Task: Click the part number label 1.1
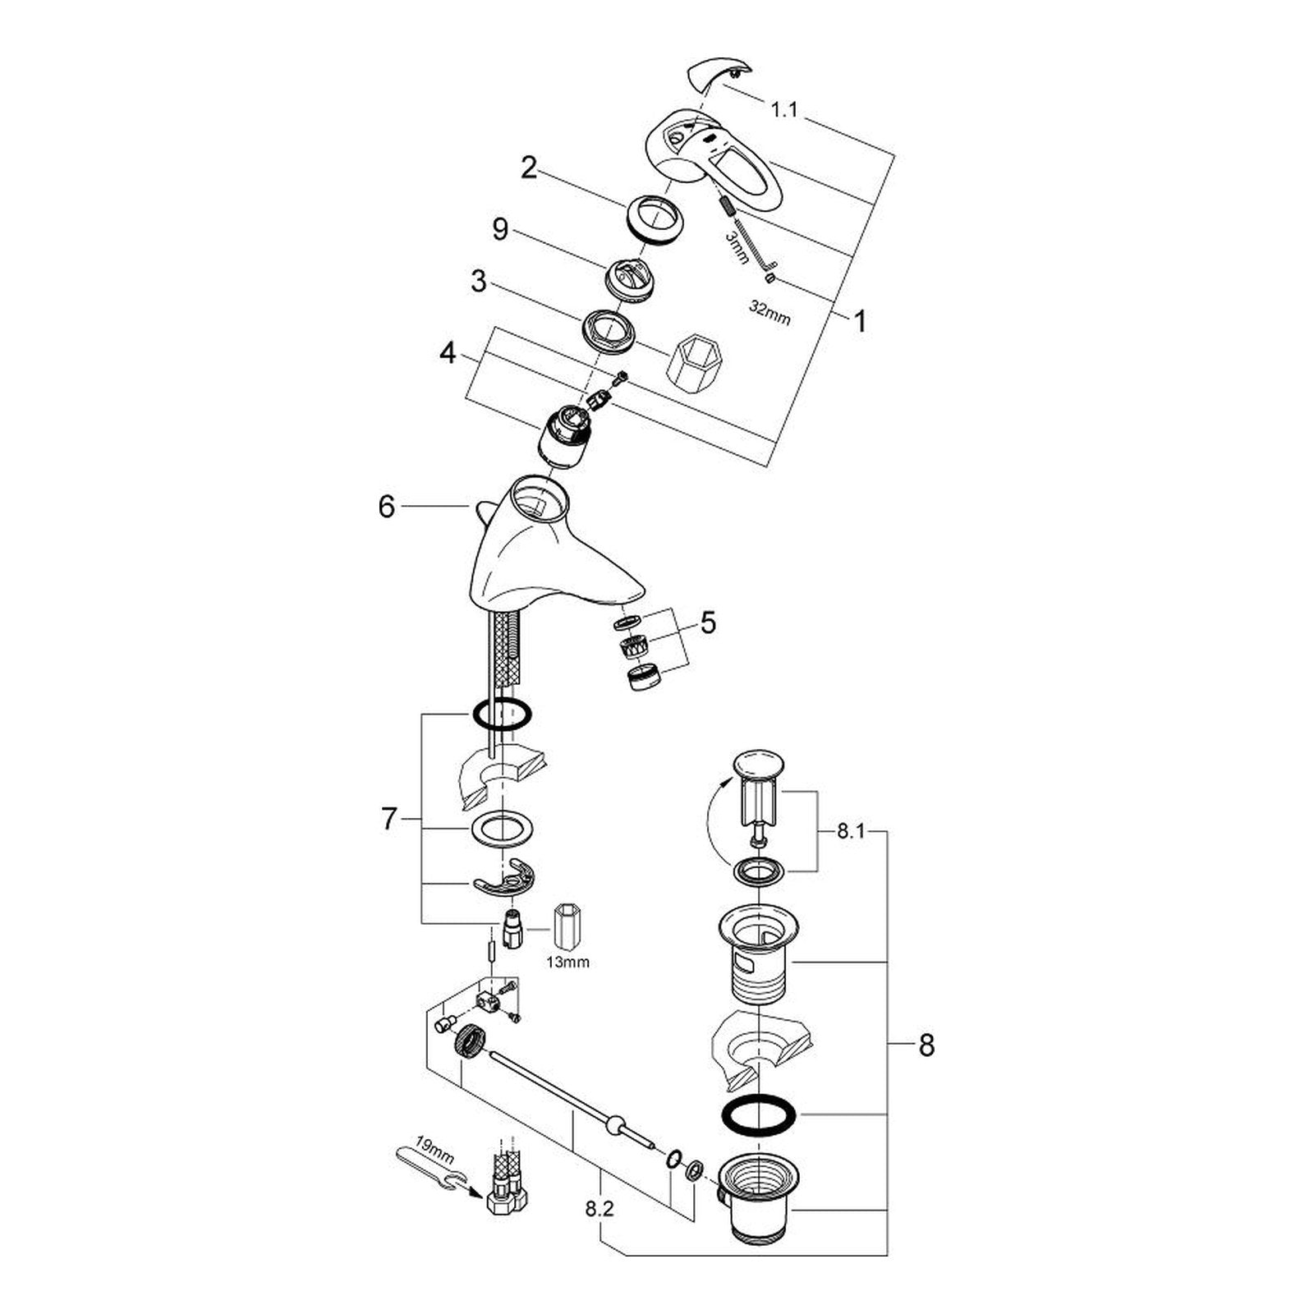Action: click(x=784, y=109)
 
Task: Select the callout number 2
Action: click(x=529, y=169)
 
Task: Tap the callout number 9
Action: click(x=500, y=230)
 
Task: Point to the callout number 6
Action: click(x=387, y=507)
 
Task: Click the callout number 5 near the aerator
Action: click(x=707, y=623)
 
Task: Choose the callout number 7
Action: click(x=389, y=819)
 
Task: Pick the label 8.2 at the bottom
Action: click(x=600, y=1210)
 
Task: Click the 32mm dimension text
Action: click(x=770, y=312)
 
